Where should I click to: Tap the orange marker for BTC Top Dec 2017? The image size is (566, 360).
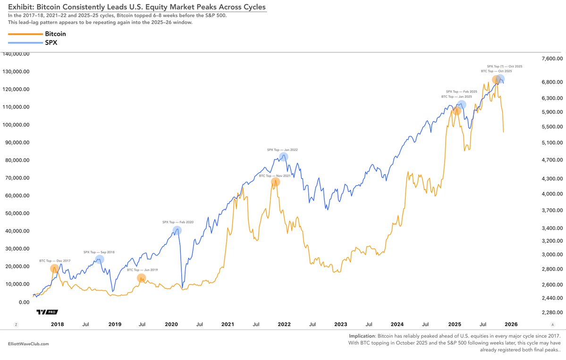pyautogui.click(x=55, y=268)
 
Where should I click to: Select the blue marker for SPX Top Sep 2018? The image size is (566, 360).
pyautogui.click(x=100, y=259)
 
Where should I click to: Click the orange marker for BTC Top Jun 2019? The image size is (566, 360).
pyautogui.click(x=141, y=278)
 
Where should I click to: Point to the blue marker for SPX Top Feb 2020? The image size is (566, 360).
pyautogui.click(x=177, y=231)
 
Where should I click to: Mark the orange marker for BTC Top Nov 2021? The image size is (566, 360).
pyautogui.click(x=275, y=181)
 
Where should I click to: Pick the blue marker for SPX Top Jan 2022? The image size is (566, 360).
pyautogui.click(x=283, y=157)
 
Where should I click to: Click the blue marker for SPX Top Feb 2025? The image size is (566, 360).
pyautogui.click(x=462, y=104)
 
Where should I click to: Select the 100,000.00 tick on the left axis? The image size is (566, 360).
pyautogui.click(x=17, y=125)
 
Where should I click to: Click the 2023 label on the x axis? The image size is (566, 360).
pyautogui.click(x=340, y=325)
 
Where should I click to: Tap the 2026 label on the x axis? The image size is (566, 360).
pyautogui.click(x=511, y=325)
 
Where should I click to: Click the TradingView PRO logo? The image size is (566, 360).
pyautogui.click(x=47, y=312)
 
